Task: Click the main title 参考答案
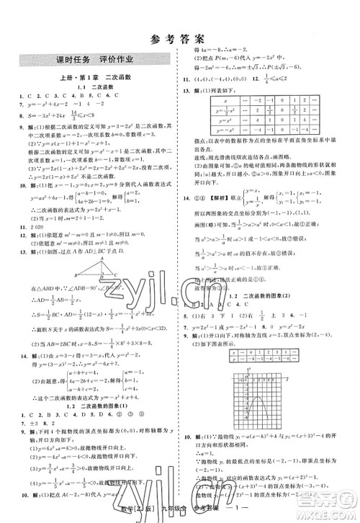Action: pos(180,40)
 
